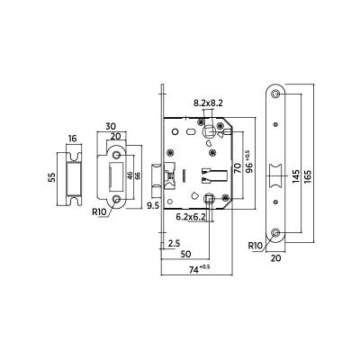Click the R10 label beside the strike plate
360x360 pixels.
[101, 213]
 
